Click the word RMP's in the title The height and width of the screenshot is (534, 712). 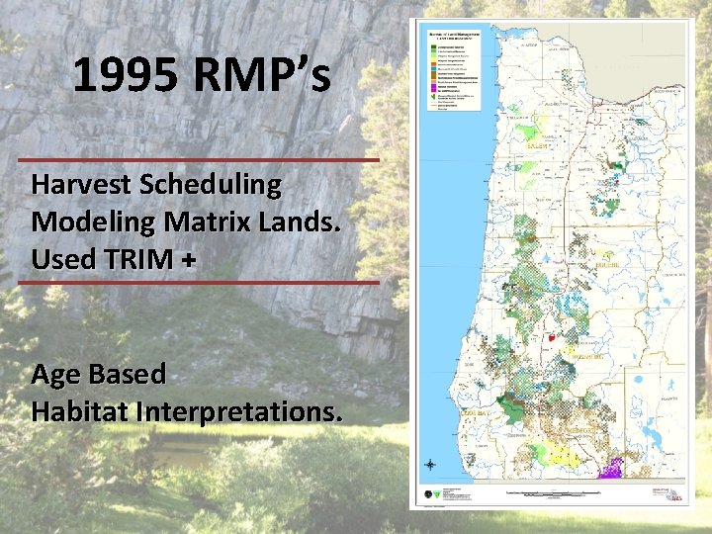click(262, 76)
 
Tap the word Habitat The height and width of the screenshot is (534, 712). click(77, 410)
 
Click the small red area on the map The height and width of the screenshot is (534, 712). click(551, 337)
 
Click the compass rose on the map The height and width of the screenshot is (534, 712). click(431, 465)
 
